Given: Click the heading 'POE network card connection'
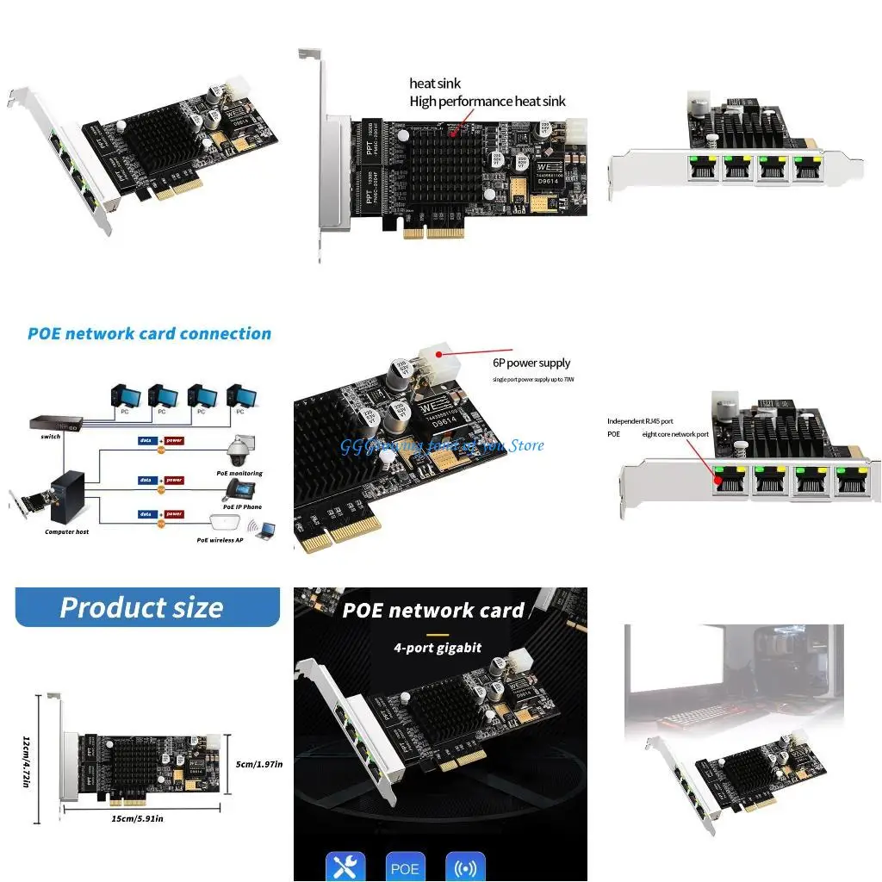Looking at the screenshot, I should [149, 334].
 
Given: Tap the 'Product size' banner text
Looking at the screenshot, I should [141, 607].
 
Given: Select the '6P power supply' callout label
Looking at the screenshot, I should [531, 363].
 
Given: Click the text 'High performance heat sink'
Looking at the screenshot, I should [488, 102].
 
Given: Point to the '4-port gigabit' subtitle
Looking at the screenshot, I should [438, 648].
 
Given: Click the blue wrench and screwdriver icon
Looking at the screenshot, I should [345, 866].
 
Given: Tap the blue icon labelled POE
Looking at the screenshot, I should [404, 866].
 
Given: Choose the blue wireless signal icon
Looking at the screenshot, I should [465, 866].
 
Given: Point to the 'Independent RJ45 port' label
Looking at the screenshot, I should [640, 421].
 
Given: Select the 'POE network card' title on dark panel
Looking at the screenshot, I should [433, 611].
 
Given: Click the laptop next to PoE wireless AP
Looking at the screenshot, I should [265, 532].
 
